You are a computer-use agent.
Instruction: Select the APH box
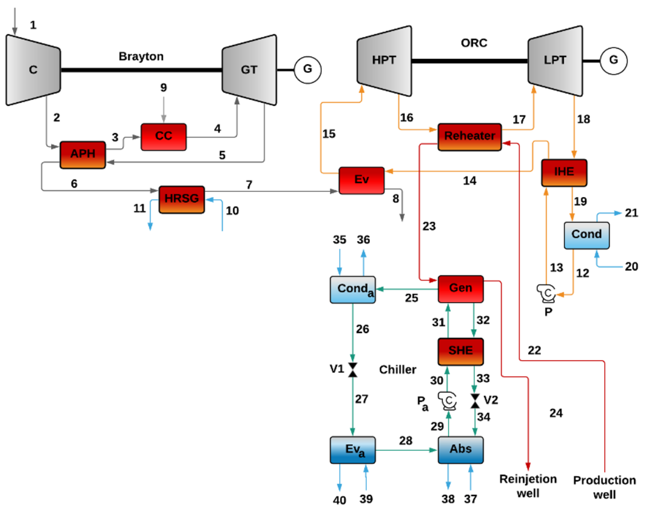coord(83,155)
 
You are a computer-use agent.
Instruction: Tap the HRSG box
coord(182,199)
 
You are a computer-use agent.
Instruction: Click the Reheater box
coord(469,137)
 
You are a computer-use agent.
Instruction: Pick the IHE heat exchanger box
coord(564,172)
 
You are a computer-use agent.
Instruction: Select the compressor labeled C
coord(33,70)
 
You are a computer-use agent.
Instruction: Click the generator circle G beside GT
coord(308,70)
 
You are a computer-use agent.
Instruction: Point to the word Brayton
coord(141,57)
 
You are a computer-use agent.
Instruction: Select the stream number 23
coord(429,226)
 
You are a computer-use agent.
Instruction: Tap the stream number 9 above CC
coord(163,87)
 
